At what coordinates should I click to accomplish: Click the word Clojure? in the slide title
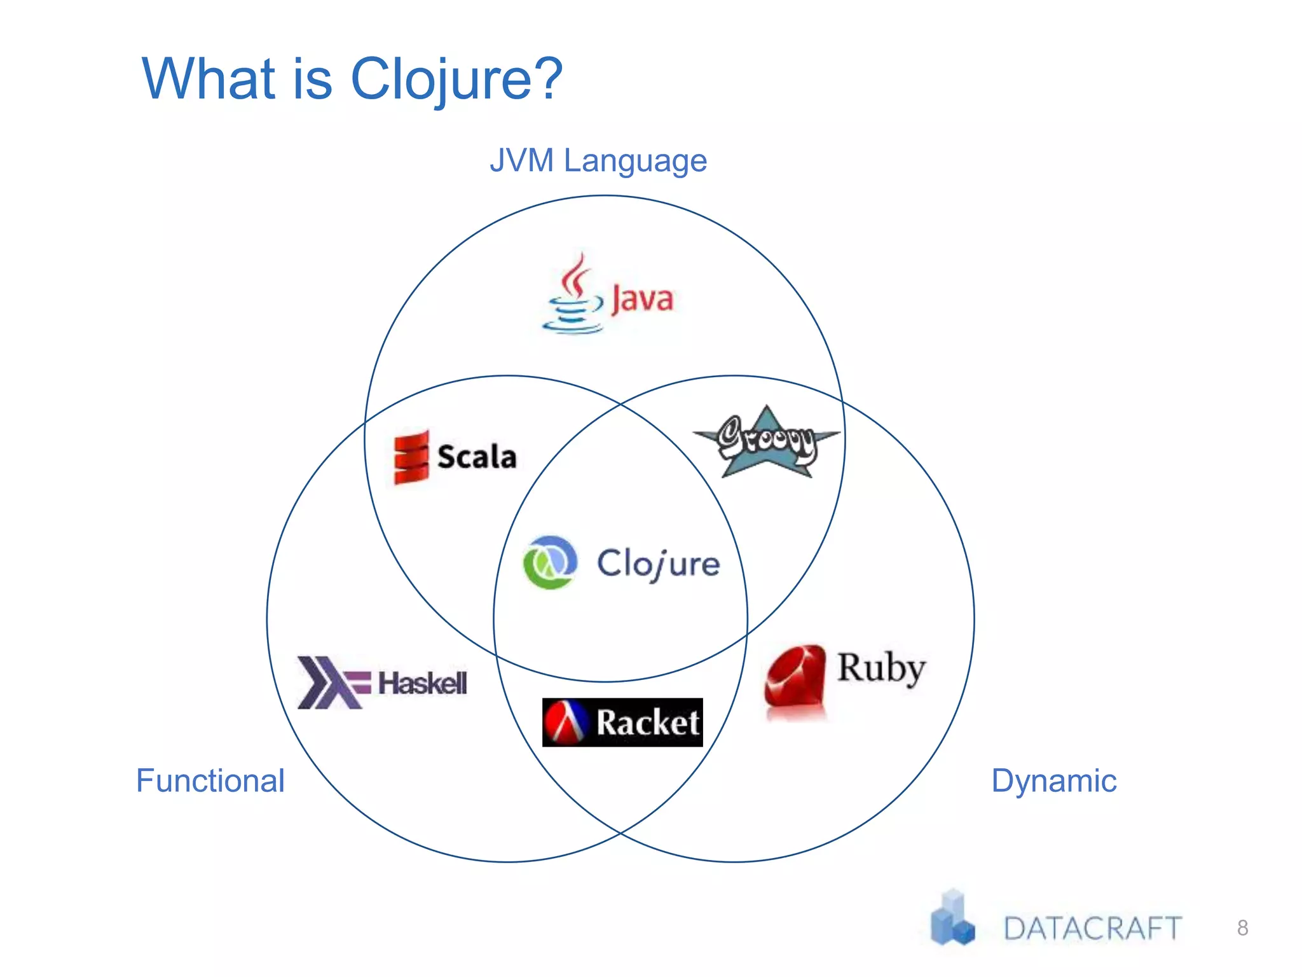(456, 80)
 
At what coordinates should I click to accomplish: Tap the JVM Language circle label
(598, 160)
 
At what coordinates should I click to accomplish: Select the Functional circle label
(210, 780)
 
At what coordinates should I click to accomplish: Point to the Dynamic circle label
(1053, 780)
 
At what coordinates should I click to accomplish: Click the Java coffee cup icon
(572, 296)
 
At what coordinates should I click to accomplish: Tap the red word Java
(642, 299)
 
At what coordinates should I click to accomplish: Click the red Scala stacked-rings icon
(411, 457)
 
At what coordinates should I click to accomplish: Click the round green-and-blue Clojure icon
(550, 562)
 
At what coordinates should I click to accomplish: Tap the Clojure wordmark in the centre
(658, 564)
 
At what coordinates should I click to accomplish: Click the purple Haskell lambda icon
(332, 683)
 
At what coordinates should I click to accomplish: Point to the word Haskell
(423, 684)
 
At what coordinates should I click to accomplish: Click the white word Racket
(647, 723)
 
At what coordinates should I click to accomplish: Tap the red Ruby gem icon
(795, 679)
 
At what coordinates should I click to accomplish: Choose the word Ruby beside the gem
(881, 668)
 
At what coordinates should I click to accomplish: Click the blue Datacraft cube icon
(952, 919)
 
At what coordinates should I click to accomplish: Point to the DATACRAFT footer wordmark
(1092, 929)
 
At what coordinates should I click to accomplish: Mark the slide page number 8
(1242, 928)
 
